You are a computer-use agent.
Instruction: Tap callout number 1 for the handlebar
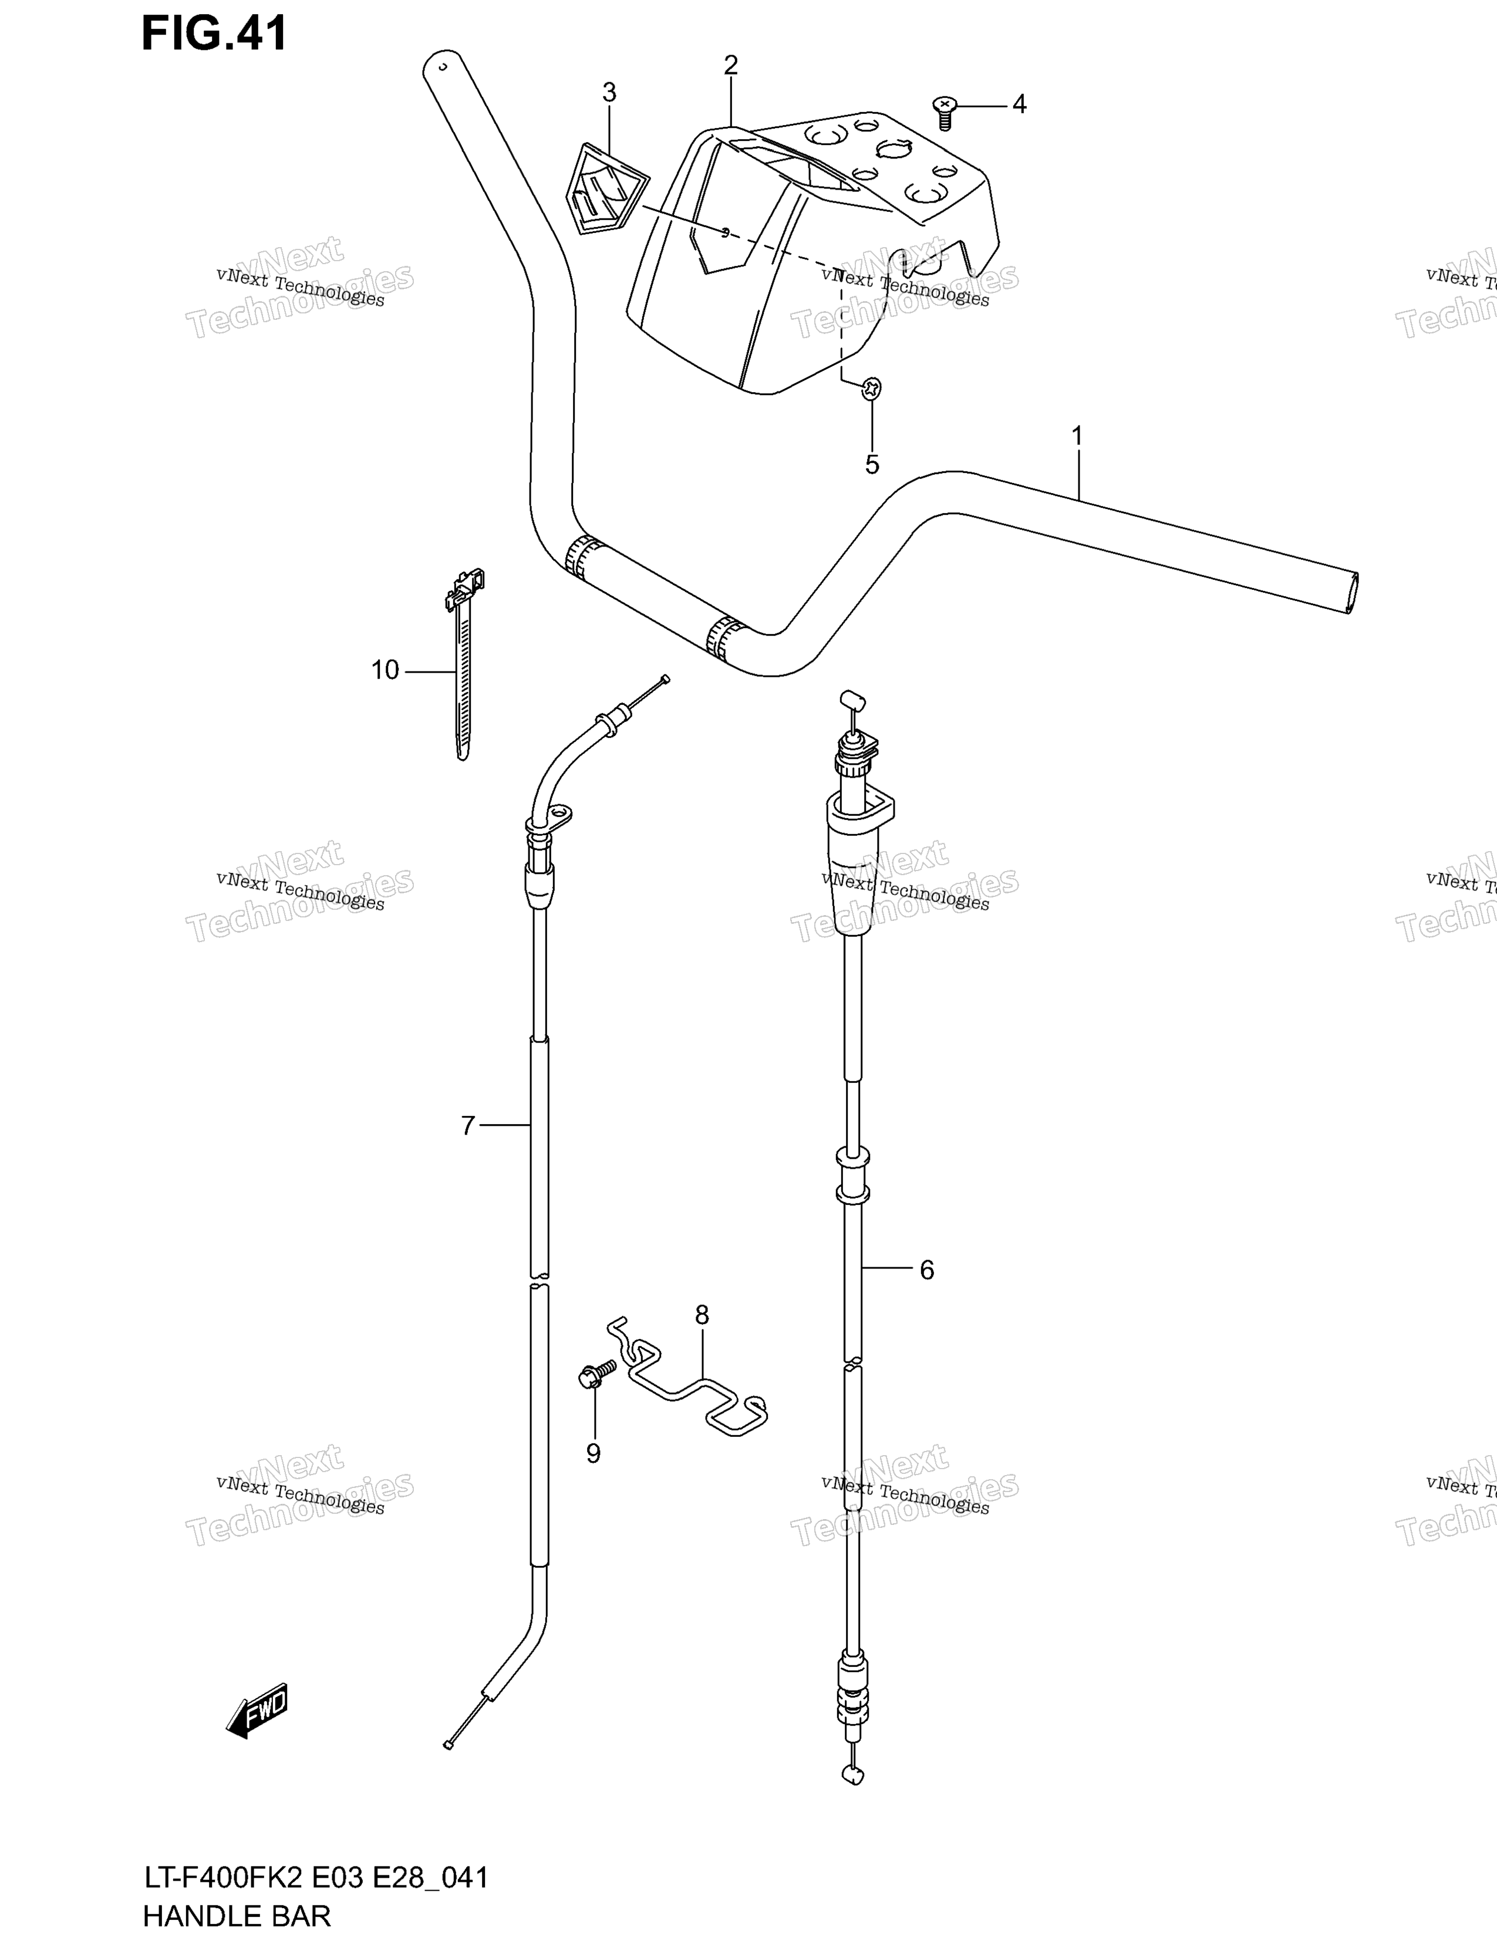point(1077,436)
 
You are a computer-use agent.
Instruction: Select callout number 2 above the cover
point(731,65)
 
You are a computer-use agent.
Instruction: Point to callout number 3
point(609,92)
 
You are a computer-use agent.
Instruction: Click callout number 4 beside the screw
point(1020,104)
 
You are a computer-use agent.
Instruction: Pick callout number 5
point(872,465)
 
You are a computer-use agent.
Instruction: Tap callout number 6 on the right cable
point(927,1271)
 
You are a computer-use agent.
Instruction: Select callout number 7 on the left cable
point(468,1125)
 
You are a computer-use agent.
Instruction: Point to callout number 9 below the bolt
point(594,1454)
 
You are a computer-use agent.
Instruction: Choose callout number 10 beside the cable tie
point(385,670)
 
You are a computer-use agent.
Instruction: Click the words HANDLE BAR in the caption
point(236,1916)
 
